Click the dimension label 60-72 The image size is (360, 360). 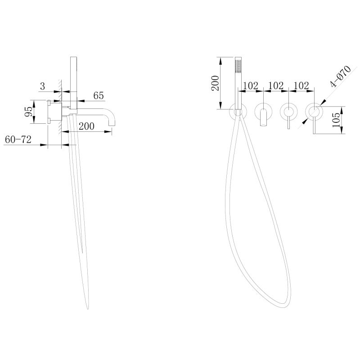[x=18, y=139]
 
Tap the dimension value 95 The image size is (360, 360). [x=29, y=112]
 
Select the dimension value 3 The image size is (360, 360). [x=42, y=86]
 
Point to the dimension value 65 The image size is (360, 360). [x=99, y=95]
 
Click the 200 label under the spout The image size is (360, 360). [x=86, y=126]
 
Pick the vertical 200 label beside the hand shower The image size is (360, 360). [x=216, y=83]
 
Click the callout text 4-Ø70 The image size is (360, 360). [x=341, y=76]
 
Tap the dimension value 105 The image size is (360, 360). [x=336, y=120]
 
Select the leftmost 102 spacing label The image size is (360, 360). [x=251, y=85]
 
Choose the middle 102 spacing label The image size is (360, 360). [x=276, y=85]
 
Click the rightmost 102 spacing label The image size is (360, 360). [x=301, y=85]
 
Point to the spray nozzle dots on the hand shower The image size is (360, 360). [x=238, y=65]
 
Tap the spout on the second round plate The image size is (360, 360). [x=263, y=118]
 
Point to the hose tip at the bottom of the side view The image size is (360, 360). [x=88, y=308]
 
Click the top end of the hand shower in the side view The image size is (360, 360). [x=73, y=57]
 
